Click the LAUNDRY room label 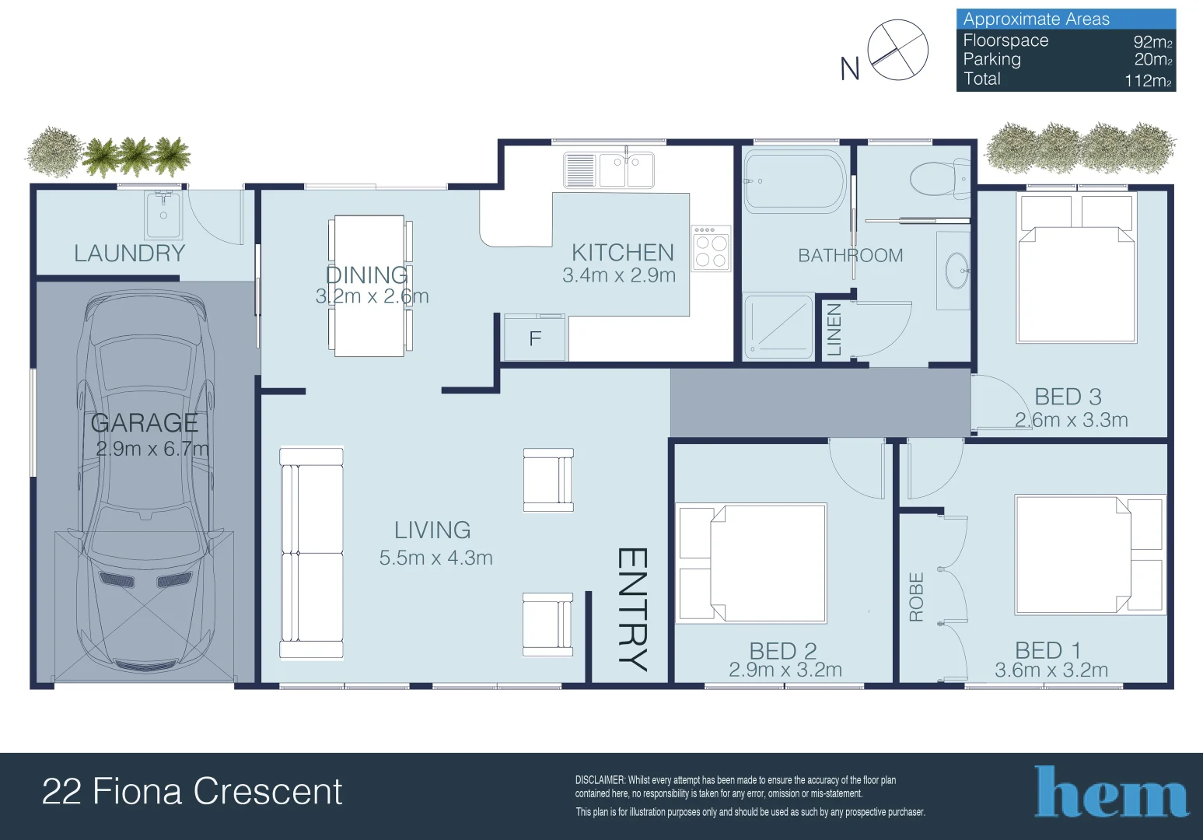coord(129,254)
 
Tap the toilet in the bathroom coord(940,179)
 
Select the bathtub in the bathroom coord(795,180)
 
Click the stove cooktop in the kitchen coord(711,248)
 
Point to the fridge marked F coord(535,338)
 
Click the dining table coord(369,285)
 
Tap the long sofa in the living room coord(312,553)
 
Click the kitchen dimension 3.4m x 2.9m coord(619,275)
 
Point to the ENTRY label coord(632,610)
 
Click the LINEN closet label coord(834,330)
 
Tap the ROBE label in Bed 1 coord(916,597)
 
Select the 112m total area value coord(1149,81)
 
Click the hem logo coord(1111,792)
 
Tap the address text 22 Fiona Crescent coord(192,791)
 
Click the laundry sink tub coord(163,215)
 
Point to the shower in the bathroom coord(778,326)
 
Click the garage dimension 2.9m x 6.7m coord(152,449)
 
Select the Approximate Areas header coord(1036,19)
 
